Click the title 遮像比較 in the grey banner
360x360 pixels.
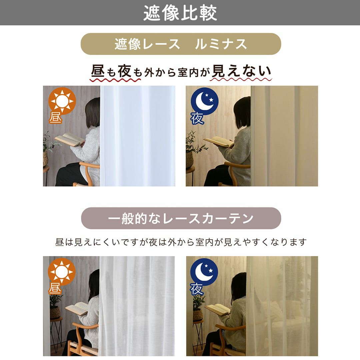pyautogui.click(x=180, y=13)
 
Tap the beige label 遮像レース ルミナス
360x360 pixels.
pyautogui.click(x=181, y=44)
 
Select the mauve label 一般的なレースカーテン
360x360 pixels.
pyautogui.click(x=181, y=218)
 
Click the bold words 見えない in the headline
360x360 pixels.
pyautogui.click(x=241, y=71)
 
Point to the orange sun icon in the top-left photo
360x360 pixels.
pyautogui.click(x=62, y=101)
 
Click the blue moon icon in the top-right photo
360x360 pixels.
pyautogui.click(x=205, y=101)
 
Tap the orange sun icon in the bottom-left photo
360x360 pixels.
pyautogui.click(x=62, y=272)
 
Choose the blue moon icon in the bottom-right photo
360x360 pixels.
pyautogui.click(x=204, y=272)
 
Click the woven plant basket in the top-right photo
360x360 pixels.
pyautogui.click(x=189, y=160)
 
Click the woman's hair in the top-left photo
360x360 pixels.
pyautogui.click(x=93, y=113)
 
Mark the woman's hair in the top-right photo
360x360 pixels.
pyautogui.click(x=242, y=113)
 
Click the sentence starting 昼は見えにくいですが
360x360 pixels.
pyautogui.click(x=181, y=242)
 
